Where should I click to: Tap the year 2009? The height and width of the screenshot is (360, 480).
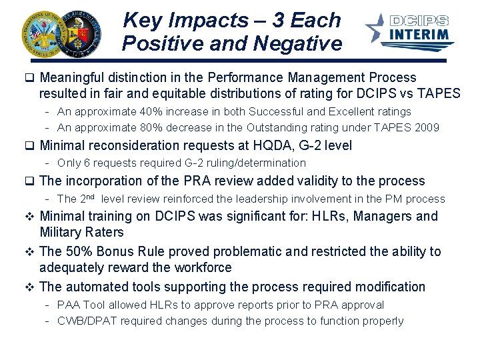tap(426, 127)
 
